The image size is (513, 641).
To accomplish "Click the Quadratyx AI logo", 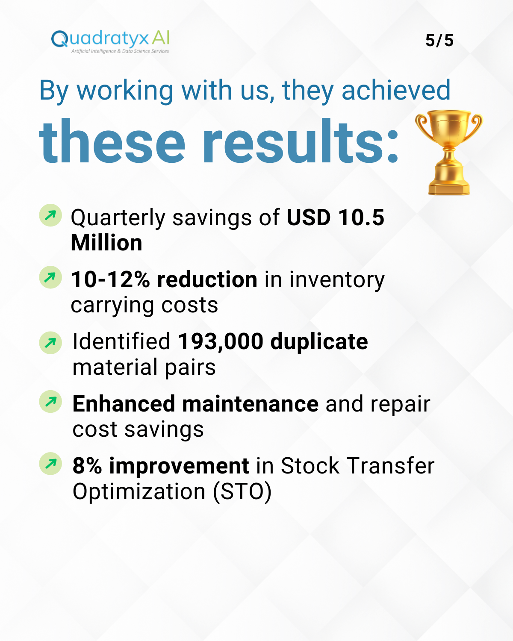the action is click(110, 42).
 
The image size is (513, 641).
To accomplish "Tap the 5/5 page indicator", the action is click(439, 40).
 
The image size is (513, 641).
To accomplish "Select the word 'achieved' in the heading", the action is click(396, 90).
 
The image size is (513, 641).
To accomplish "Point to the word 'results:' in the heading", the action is click(301, 141).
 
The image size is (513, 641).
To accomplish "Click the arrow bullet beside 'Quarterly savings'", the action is click(50, 215).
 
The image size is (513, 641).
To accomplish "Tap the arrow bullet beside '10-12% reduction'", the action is click(50, 277).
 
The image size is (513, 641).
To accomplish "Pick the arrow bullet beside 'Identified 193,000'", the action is click(50, 343).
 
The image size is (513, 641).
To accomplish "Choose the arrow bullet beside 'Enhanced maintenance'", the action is click(50, 402).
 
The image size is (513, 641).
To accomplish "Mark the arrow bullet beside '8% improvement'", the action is click(50, 464).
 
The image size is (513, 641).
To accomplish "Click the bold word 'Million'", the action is click(106, 243).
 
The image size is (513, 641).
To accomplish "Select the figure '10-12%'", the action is click(111, 280).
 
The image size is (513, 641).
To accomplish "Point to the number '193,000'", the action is click(221, 341).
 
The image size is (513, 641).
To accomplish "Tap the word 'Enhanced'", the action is click(124, 404).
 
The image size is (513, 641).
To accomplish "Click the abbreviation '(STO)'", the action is click(242, 492).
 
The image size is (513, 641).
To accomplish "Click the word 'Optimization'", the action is click(139, 492).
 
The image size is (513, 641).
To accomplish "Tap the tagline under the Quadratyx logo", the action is click(120, 51).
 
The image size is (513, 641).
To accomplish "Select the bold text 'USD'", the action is click(309, 217).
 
